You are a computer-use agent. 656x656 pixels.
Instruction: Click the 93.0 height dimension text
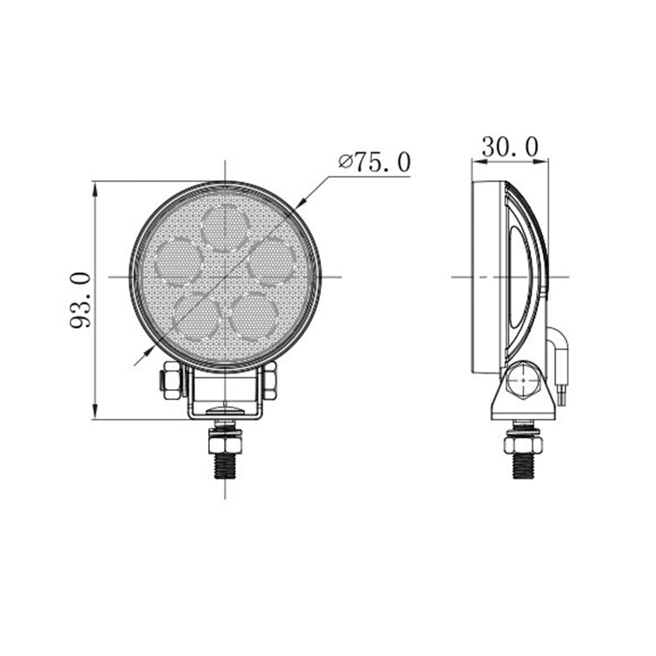(x=81, y=299)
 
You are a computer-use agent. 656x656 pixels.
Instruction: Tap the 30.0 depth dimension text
(x=509, y=147)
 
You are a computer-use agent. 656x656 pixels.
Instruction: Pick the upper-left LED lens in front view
(x=179, y=261)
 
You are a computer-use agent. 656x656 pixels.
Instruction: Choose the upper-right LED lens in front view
(x=271, y=261)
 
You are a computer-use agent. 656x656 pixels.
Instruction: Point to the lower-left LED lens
(x=196, y=315)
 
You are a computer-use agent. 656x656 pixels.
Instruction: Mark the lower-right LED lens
(x=255, y=315)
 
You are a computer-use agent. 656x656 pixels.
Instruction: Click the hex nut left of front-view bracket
(x=170, y=380)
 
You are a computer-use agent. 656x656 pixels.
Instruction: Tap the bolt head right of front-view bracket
(x=270, y=380)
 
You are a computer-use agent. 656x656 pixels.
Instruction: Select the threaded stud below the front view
(x=225, y=457)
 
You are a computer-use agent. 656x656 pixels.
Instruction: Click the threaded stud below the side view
(x=523, y=457)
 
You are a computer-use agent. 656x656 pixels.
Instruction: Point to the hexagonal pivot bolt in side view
(x=523, y=382)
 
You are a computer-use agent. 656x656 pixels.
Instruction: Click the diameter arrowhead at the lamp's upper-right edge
(x=299, y=202)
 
